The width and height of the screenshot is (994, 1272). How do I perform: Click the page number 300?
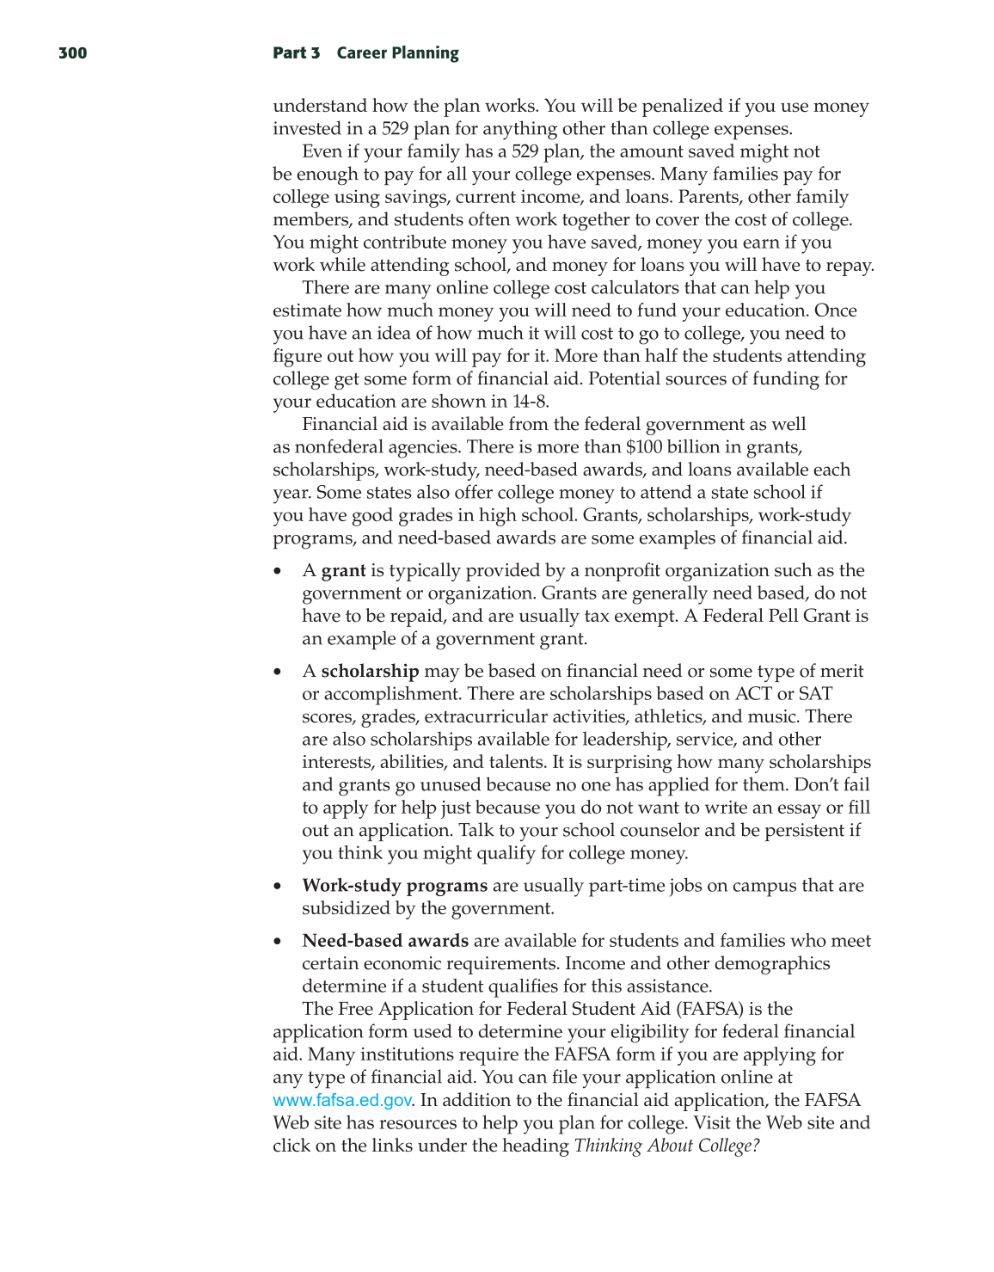[x=73, y=53]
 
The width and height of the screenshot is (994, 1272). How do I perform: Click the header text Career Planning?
[x=397, y=53]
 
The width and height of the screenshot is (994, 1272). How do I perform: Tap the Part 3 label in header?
[x=296, y=53]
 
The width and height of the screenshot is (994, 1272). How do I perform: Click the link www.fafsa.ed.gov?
[x=341, y=1100]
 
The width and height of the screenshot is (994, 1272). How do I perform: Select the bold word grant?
[x=343, y=570]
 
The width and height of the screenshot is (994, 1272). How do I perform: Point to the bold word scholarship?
[x=370, y=671]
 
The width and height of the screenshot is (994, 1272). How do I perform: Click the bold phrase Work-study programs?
[x=394, y=886]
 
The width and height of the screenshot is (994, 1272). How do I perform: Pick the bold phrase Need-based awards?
[x=384, y=941]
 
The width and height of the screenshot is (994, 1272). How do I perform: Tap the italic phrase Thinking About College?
[x=666, y=1146]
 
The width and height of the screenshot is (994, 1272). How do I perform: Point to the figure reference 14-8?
[x=530, y=402]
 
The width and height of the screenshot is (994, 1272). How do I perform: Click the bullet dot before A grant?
[x=277, y=571]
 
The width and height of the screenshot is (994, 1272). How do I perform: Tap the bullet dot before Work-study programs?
[x=277, y=887]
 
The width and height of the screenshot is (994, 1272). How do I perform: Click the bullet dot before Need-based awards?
[x=277, y=942]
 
